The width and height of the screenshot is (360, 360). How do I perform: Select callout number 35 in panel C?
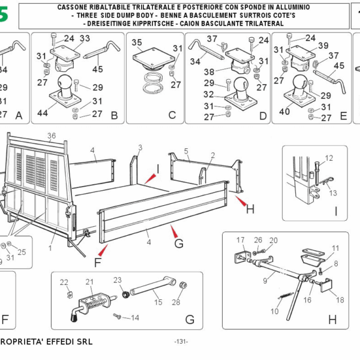point(137,43)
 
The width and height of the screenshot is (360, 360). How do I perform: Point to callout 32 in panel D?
point(209,94)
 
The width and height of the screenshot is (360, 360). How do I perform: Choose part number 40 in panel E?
point(284,111)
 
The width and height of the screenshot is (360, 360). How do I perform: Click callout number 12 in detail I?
point(329,158)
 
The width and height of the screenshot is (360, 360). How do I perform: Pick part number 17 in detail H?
point(241,241)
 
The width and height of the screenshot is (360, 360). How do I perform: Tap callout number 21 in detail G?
point(89,281)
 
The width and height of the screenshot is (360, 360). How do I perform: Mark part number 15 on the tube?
point(158,302)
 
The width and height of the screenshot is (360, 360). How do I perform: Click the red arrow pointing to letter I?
point(151,177)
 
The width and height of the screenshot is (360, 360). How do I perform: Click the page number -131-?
point(181,341)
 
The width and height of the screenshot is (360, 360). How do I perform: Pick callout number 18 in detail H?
point(340,299)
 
